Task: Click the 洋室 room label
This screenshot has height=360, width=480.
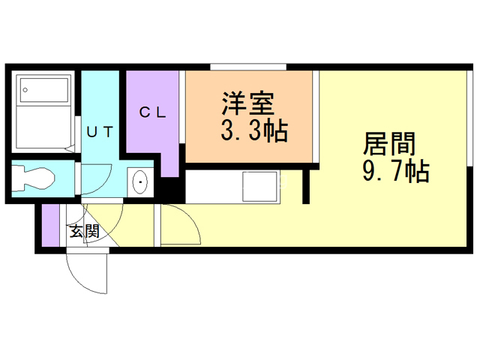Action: pos(248,103)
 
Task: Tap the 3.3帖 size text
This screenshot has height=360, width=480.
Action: pos(254,130)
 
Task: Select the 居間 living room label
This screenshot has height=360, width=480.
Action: pos(389,143)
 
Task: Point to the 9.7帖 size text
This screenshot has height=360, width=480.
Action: pos(396,172)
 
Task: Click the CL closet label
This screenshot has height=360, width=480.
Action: pos(152,112)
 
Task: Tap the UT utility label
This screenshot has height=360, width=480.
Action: pos(100,132)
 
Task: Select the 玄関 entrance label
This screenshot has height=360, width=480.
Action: pos(85,231)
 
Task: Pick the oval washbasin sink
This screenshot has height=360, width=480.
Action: pos(140,182)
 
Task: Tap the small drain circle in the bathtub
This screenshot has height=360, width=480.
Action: pos(25,90)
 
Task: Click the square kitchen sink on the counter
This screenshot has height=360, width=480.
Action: pos(259,187)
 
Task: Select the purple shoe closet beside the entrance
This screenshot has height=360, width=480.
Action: pos(50,225)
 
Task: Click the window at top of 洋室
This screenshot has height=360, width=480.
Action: pos(248,67)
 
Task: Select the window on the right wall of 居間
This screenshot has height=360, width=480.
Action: pos(469,118)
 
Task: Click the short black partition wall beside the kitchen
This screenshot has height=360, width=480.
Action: pos(306,187)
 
